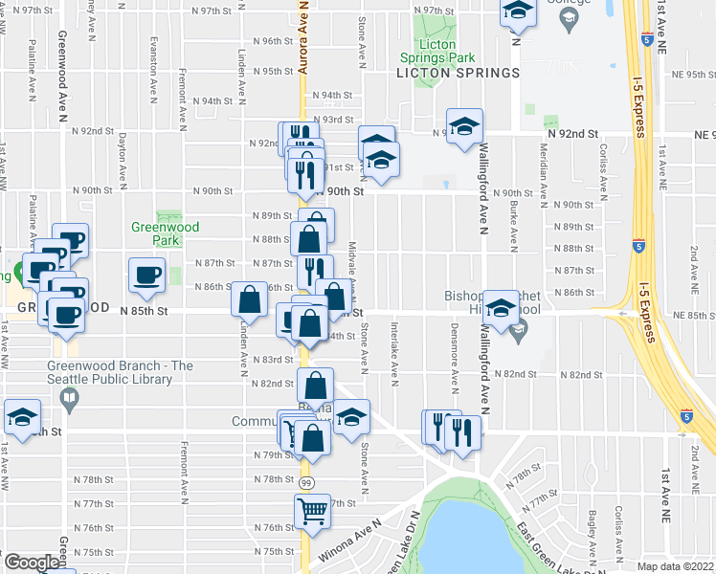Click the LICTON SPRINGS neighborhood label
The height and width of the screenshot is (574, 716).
459,73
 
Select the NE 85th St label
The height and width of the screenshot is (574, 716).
694,316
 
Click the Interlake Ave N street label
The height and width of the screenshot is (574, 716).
393,346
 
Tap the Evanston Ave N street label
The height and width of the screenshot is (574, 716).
152,72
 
